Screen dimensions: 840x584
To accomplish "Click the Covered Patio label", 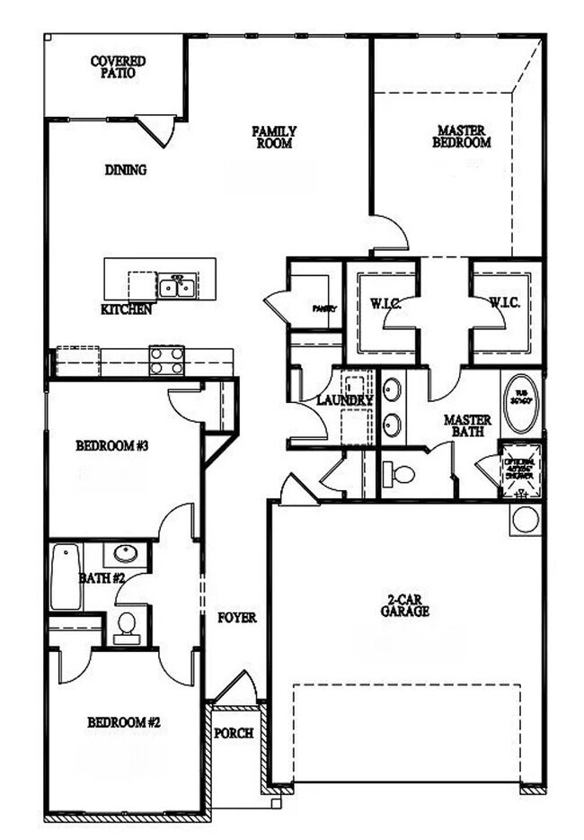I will coord(118,67).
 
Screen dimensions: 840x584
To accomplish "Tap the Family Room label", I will coord(274,137).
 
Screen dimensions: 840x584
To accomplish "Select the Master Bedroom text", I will coord(461,136).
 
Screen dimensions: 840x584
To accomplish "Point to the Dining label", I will coord(126,170).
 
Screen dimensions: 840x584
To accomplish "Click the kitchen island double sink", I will coord(177,287).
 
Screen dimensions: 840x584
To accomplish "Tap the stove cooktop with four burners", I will coord(166,360).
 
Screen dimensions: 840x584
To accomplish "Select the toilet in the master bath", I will coord(398,474).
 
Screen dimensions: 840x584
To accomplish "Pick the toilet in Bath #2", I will coord(127,624).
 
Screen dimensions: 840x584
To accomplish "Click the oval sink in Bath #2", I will coord(125,553).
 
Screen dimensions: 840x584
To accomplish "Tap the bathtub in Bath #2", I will coord(66,576).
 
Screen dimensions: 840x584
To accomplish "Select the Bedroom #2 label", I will coord(124,722).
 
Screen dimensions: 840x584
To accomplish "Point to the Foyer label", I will coord(237,618).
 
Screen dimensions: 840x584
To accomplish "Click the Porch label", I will coord(234,733).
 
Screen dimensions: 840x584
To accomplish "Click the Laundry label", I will coord(345,400).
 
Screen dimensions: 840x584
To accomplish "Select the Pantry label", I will coord(324,308).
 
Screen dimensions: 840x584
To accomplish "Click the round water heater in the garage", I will coord(526,519).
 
